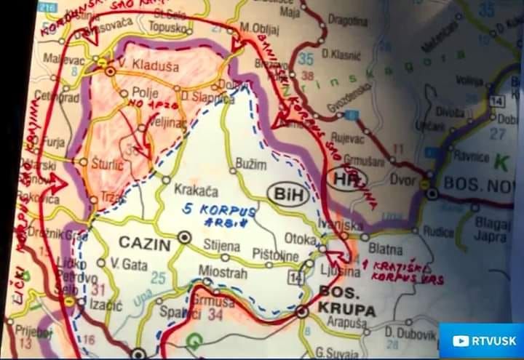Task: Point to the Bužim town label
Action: tap(252, 165)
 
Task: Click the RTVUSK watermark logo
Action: tap(480, 340)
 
